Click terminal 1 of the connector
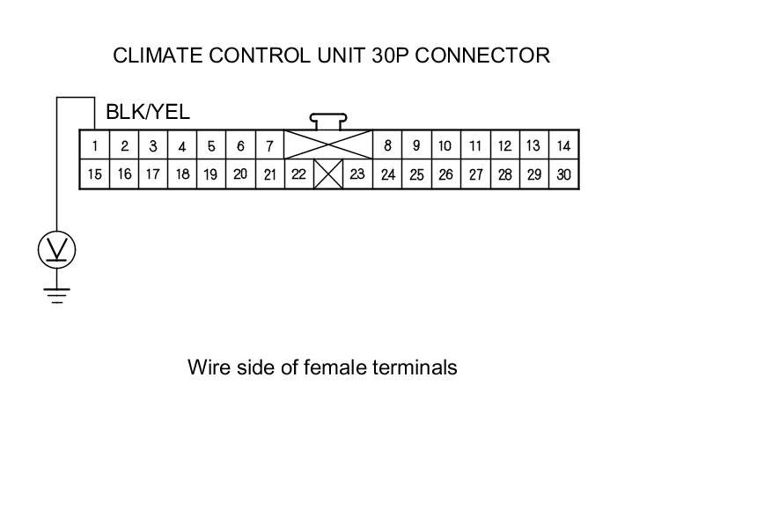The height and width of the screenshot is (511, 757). click(x=94, y=146)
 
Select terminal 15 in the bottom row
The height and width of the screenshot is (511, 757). click(x=94, y=174)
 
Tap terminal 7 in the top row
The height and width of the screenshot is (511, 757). click(x=269, y=146)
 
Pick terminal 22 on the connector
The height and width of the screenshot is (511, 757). click(x=298, y=174)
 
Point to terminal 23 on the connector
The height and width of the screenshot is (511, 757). click(x=356, y=174)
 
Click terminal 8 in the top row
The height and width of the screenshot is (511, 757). click(x=387, y=146)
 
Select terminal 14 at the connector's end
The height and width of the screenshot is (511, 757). click(x=564, y=146)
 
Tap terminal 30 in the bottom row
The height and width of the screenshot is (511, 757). click(x=564, y=174)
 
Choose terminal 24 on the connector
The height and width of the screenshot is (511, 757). click(x=387, y=174)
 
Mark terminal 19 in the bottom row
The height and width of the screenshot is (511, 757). click(x=210, y=174)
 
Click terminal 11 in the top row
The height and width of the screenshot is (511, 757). click(x=475, y=146)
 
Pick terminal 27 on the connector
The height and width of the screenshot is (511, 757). click(x=475, y=174)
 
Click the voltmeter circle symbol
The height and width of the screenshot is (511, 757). click(x=57, y=250)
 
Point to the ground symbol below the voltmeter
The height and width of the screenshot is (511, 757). click(x=57, y=294)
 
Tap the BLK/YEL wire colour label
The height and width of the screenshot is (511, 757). click(x=147, y=113)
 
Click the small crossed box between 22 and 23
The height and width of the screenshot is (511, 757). click(x=328, y=174)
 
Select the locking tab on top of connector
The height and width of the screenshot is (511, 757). click(x=327, y=119)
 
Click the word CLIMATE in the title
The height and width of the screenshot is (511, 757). click(x=154, y=56)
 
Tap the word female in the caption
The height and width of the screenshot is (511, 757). click(x=333, y=367)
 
